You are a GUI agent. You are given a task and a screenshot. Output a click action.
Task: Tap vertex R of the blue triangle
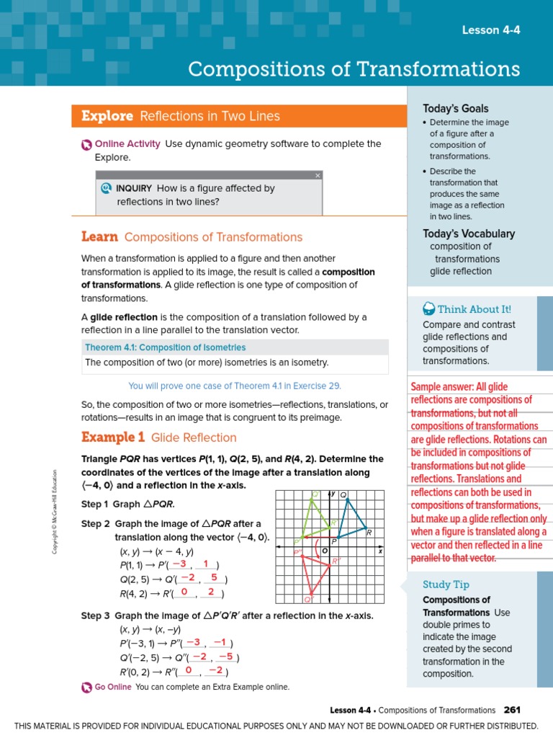click(366, 528)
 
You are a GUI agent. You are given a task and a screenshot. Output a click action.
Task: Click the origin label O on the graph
click(325, 551)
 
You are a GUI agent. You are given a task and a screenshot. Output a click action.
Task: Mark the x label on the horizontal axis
click(380, 551)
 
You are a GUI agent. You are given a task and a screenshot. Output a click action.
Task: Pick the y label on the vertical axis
click(333, 494)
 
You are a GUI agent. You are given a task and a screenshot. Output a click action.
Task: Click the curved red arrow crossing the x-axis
click(318, 548)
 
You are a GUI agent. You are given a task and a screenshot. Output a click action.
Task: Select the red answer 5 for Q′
click(214, 578)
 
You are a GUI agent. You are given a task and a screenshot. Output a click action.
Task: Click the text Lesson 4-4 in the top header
click(490, 30)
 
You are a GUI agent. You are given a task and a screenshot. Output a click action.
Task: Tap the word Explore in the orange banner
click(107, 116)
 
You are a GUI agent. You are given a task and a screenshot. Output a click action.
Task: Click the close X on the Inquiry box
click(318, 175)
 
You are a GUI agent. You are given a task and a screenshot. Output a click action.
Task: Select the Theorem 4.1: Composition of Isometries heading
click(165, 347)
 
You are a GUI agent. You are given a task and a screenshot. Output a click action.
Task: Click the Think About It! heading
click(474, 309)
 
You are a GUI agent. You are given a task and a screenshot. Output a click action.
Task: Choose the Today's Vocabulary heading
click(468, 234)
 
